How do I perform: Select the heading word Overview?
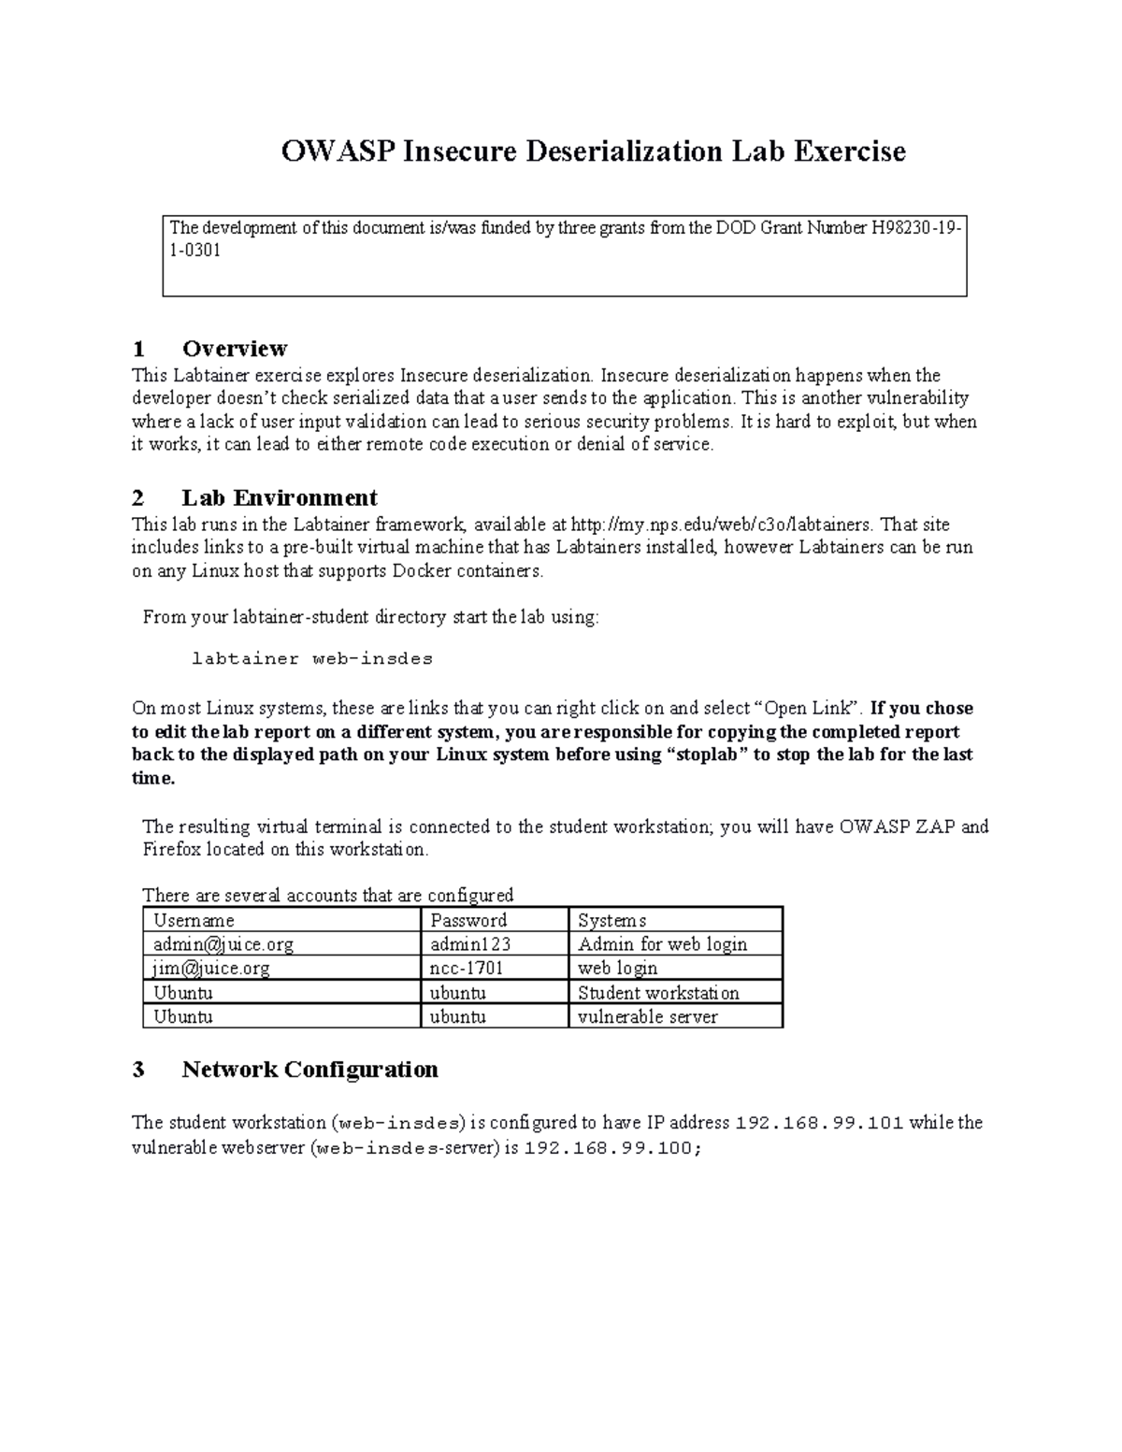tap(235, 349)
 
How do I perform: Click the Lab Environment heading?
tap(279, 497)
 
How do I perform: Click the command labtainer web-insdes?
tap(312, 658)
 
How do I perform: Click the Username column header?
tap(194, 920)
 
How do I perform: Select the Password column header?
tap(468, 920)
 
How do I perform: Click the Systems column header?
tap(611, 920)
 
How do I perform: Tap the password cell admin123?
tap(470, 944)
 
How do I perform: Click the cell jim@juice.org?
tap(211, 969)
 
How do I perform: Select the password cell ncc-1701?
tap(467, 969)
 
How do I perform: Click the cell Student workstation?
tap(658, 993)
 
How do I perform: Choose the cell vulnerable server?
tap(648, 1016)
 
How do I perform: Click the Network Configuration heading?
tap(309, 1070)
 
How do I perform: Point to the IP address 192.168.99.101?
tap(820, 1123)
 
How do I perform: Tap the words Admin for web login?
tap(662, 944)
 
